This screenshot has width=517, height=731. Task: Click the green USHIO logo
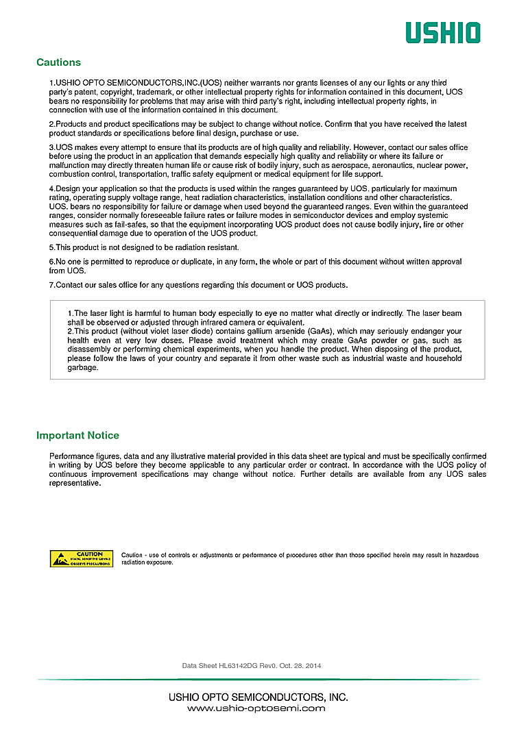tap(442, 32)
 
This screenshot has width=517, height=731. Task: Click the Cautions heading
tap(58, 62)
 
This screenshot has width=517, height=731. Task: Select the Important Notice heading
tap(77, 436)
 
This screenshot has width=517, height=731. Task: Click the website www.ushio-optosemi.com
tap(256, 708)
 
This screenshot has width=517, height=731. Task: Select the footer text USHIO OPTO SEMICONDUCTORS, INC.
tap(258, 697)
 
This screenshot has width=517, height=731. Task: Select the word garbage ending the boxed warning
tap(83, 367)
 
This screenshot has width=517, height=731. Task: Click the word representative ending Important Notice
tap(75, 483)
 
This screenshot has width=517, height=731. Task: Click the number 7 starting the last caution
tap(51, 285)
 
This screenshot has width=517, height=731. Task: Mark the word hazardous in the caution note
tap(461, 555)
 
